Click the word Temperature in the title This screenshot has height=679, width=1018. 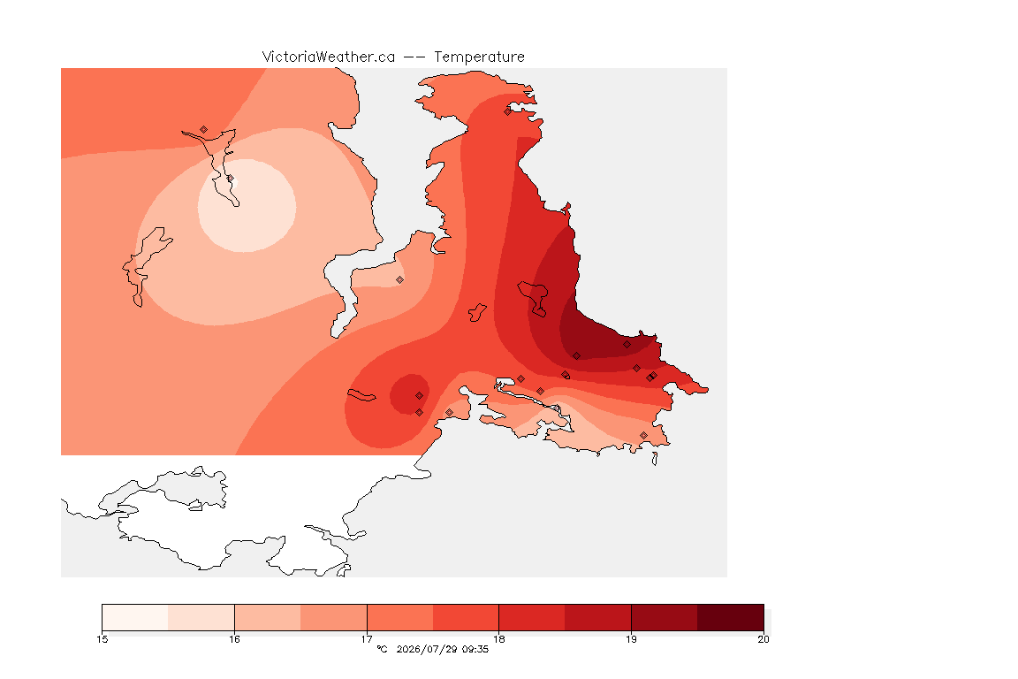[x=479, y=57]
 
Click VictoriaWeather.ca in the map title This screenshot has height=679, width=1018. [x=329, y=57]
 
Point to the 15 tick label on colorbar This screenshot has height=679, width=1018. [x=102, y=639]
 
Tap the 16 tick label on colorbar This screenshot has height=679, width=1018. [x=234, y=639]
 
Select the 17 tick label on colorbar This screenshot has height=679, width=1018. [x=367, y=639]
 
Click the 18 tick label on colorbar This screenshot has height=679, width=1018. [x=498, y=639]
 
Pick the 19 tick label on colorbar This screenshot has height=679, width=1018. [x=631, y=639]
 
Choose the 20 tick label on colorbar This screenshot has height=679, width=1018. [x=763, y=639]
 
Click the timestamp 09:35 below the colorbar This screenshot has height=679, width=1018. [x=475, y=649]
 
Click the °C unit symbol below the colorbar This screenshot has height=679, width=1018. [x=382, y=649]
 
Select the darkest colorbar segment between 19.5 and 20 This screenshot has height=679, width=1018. [x=731, y=617]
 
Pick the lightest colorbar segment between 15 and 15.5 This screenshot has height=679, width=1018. [x=135, y=617]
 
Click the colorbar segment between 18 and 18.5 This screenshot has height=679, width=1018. [x=532, y=617]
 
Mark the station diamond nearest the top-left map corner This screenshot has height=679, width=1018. [x=204, y=130]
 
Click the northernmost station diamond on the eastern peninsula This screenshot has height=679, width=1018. [x=508, y=111]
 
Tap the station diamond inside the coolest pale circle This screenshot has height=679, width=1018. [x=230, y=178]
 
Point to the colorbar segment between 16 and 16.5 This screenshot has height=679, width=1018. [x=268, y=617]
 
